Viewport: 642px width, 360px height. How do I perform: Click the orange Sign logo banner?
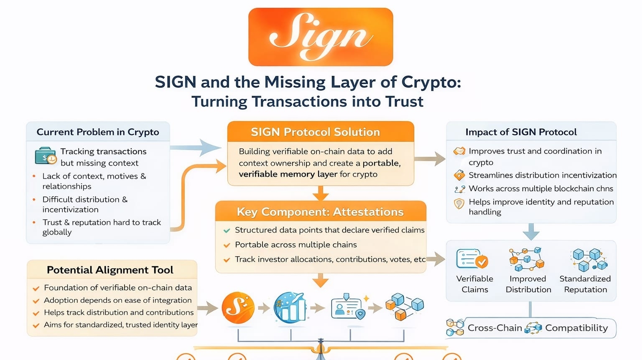(x=321, y=37)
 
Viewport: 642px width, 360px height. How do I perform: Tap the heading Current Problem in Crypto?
(x=98, y=132)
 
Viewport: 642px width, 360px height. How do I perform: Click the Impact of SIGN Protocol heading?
(x=521, y=132)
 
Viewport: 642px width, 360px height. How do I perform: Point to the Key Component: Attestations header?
(x=320, y=212)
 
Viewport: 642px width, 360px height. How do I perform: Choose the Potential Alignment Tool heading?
(x=110, y=270)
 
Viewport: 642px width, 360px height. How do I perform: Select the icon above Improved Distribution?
(x=527, y=259)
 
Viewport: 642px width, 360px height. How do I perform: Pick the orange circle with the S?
(x=238, y=308)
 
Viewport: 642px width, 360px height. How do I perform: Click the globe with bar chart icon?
(x=290, y=308)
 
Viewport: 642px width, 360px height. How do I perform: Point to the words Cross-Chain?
(x=494, y=328)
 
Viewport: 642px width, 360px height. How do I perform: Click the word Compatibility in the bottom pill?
(x=576, y=328)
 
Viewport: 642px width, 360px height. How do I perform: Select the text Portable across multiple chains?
(x=296, y=245)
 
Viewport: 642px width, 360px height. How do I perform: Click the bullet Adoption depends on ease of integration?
(x=117, y=300)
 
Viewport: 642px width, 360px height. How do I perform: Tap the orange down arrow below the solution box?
(x=321, y=193)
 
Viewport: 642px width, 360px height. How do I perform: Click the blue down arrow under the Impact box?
(x=531, y=232)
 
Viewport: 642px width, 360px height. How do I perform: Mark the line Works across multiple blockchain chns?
(x=541, y=189)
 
